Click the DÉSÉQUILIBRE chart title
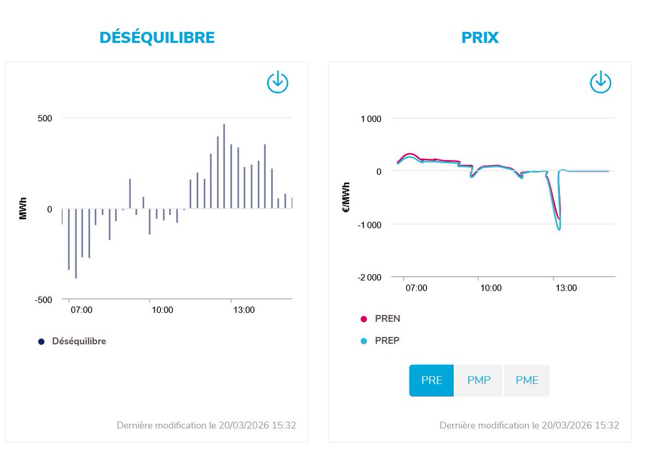click(157, 37)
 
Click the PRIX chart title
click(480, 37)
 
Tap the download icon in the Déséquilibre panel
click(277, 82)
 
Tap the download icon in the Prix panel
click(600, 82)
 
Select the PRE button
click(431, 380)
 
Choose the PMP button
click(479, 380)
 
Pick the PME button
click(527, 380)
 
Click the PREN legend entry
click(387, 319)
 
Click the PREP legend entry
click(387, 341)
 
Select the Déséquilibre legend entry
click(79, 341)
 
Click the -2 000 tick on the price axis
click(369, 277)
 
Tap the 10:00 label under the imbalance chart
click(162, 310)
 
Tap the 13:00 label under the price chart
click(565, 288)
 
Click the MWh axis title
click(23, 209)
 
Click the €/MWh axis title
click(346, 198)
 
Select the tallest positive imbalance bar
click(224, 164)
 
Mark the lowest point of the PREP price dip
click(559, 229)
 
